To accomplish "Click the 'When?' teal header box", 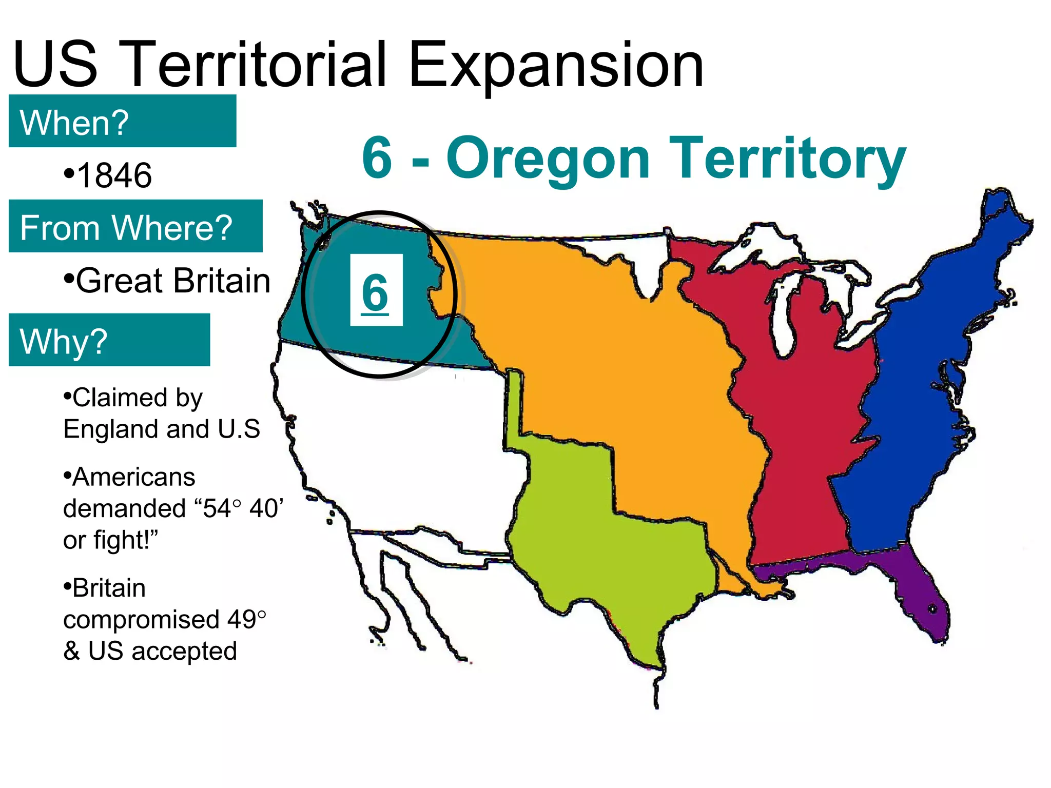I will point(122,121).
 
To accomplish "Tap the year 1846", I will point(114,175).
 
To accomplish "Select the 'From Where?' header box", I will point(135,226).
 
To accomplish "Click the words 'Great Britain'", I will point(173,281).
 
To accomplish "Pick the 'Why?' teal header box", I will point(109,340).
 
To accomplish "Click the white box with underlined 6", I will point(376,290).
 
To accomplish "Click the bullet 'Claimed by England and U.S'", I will point(161,413).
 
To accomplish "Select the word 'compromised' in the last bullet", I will point(142,619).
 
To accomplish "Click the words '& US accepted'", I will point(150,651).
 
